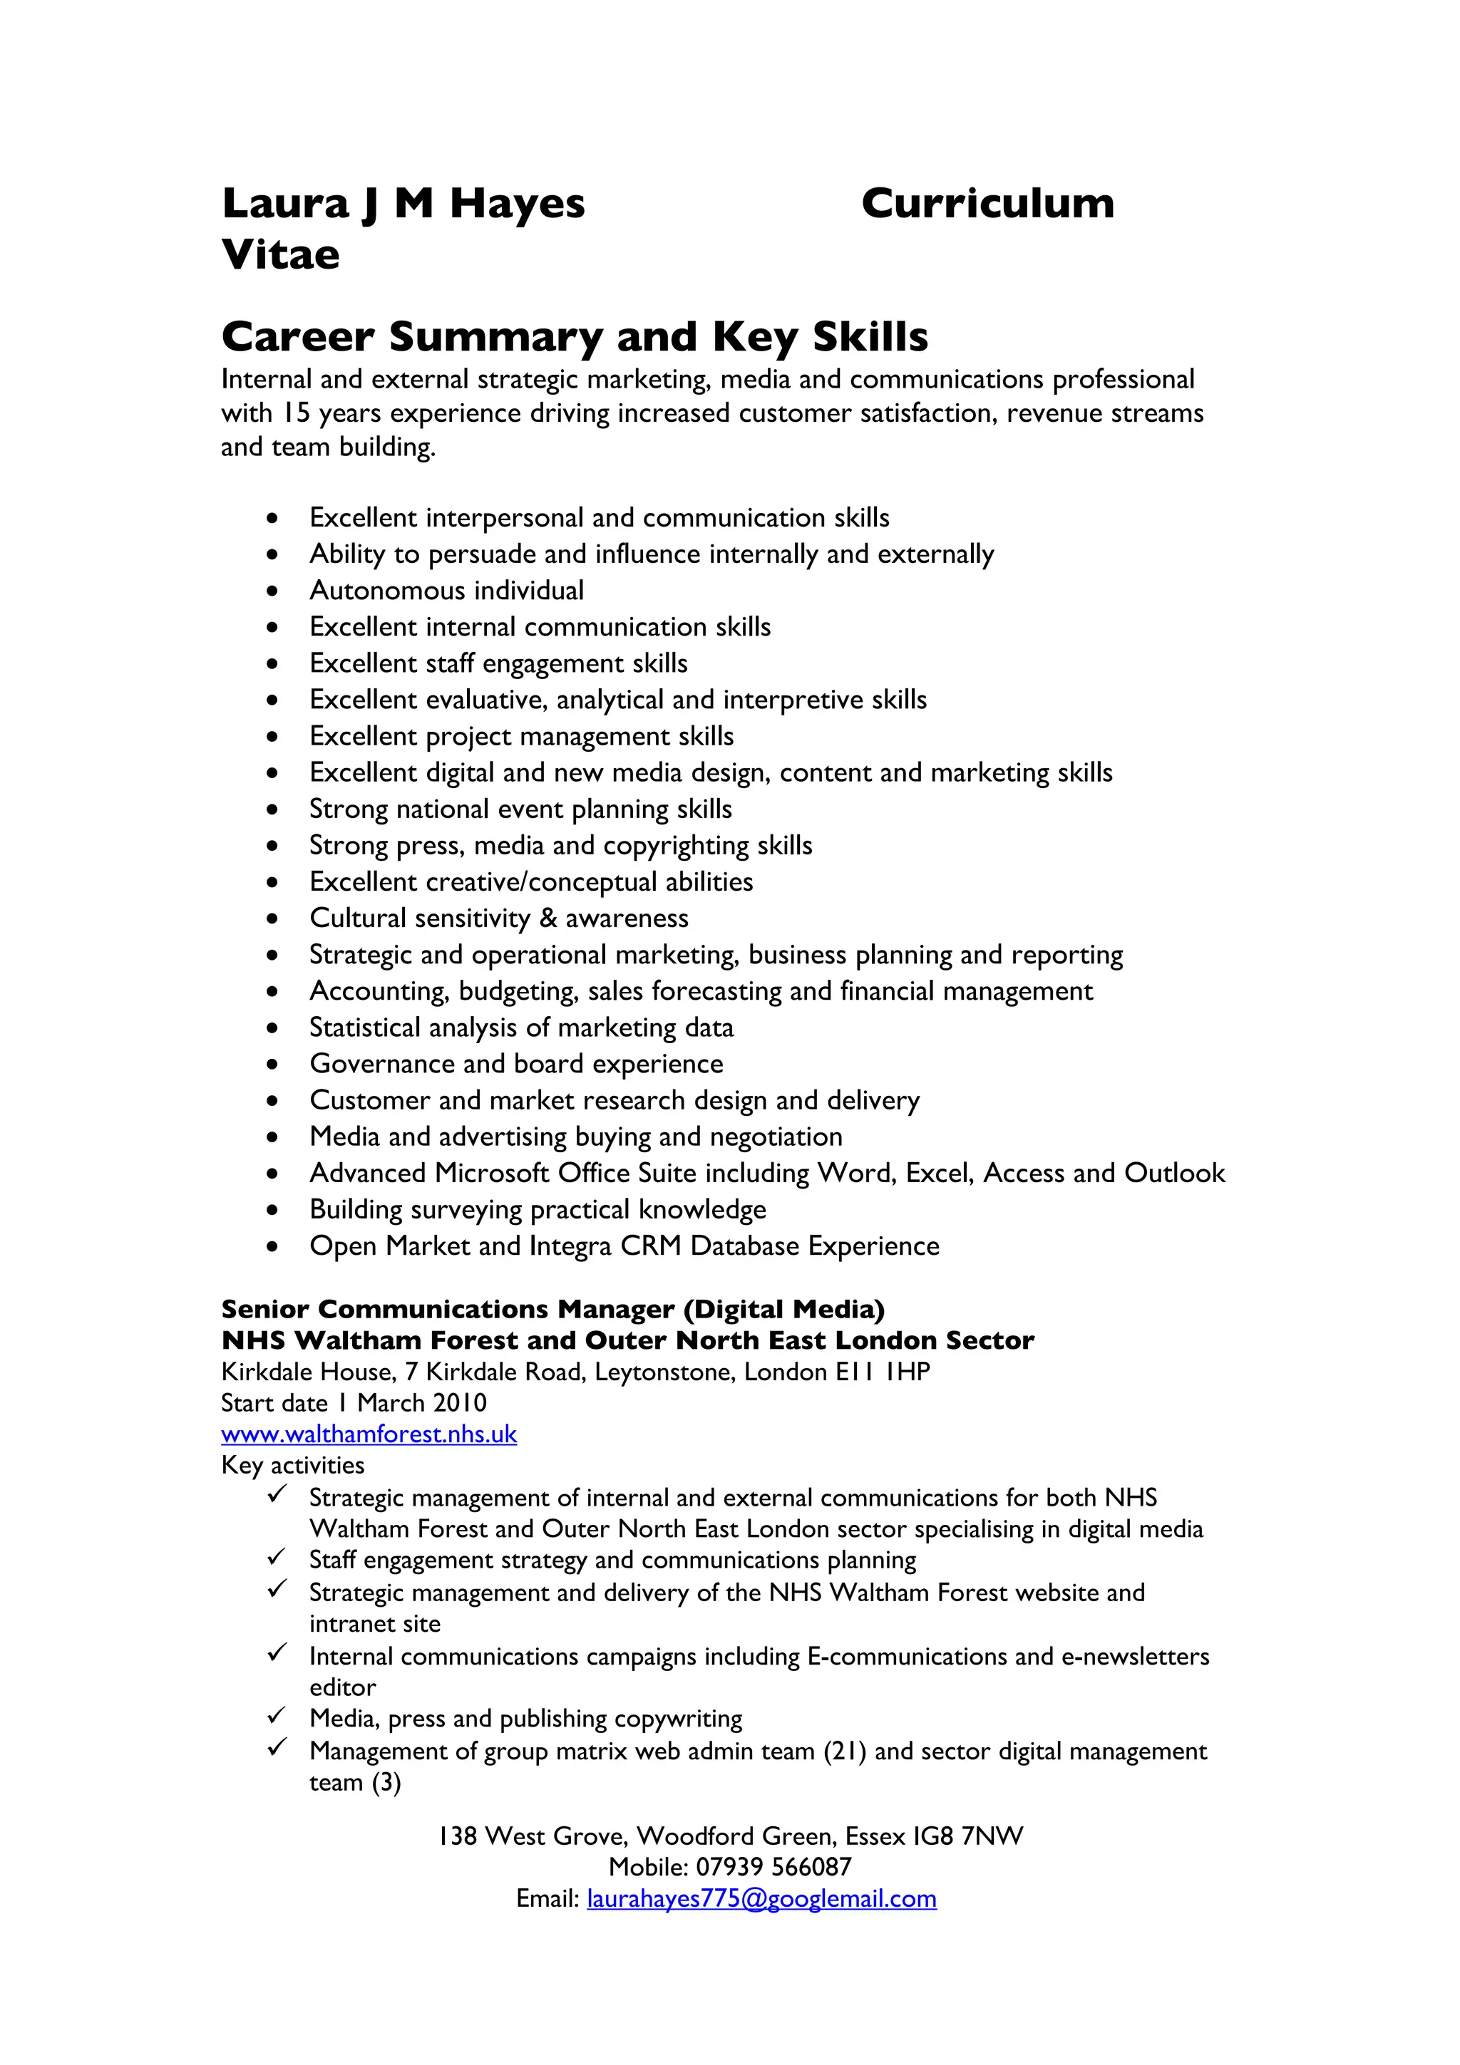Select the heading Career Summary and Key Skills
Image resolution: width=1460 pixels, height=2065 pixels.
click(x=574, y=336)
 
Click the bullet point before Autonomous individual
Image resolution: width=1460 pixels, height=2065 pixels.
click(x=272, y=591)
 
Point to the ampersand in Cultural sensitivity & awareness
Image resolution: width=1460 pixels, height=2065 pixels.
click(x=547, y=918)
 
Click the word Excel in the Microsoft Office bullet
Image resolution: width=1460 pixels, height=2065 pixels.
click(x=939, y=1173)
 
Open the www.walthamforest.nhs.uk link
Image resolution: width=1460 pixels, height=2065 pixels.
click(x=369, y=1434)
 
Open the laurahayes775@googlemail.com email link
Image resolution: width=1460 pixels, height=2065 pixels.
click(x=761, y=1898)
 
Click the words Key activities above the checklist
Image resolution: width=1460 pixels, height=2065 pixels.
click(x=292, y=1465)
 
